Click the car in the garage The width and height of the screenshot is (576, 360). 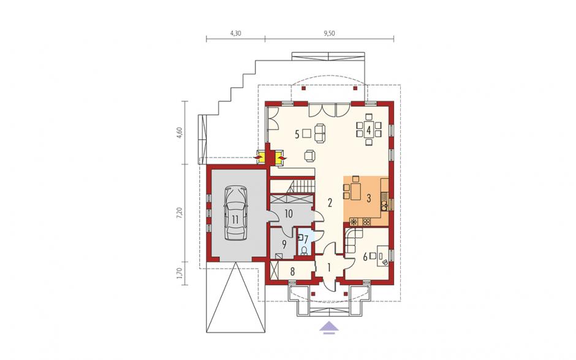click(235, 213)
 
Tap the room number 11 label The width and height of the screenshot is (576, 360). click(235, 220)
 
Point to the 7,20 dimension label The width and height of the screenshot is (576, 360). click(180, 213)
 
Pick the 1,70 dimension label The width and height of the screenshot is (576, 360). click(180, 273)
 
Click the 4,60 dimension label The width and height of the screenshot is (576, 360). click(180, 132)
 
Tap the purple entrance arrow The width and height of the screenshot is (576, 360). click(330, 327)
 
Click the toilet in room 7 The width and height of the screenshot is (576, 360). click(304, 251)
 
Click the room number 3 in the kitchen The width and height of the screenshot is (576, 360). click(368, 198)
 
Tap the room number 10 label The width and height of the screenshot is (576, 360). click(289, 213)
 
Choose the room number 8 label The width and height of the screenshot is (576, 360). click(292, 272)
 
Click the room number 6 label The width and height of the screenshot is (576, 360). click(365, 258)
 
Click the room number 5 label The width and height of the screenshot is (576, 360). click(297, 134)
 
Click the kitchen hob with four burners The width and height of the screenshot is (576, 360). click(366, 222)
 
